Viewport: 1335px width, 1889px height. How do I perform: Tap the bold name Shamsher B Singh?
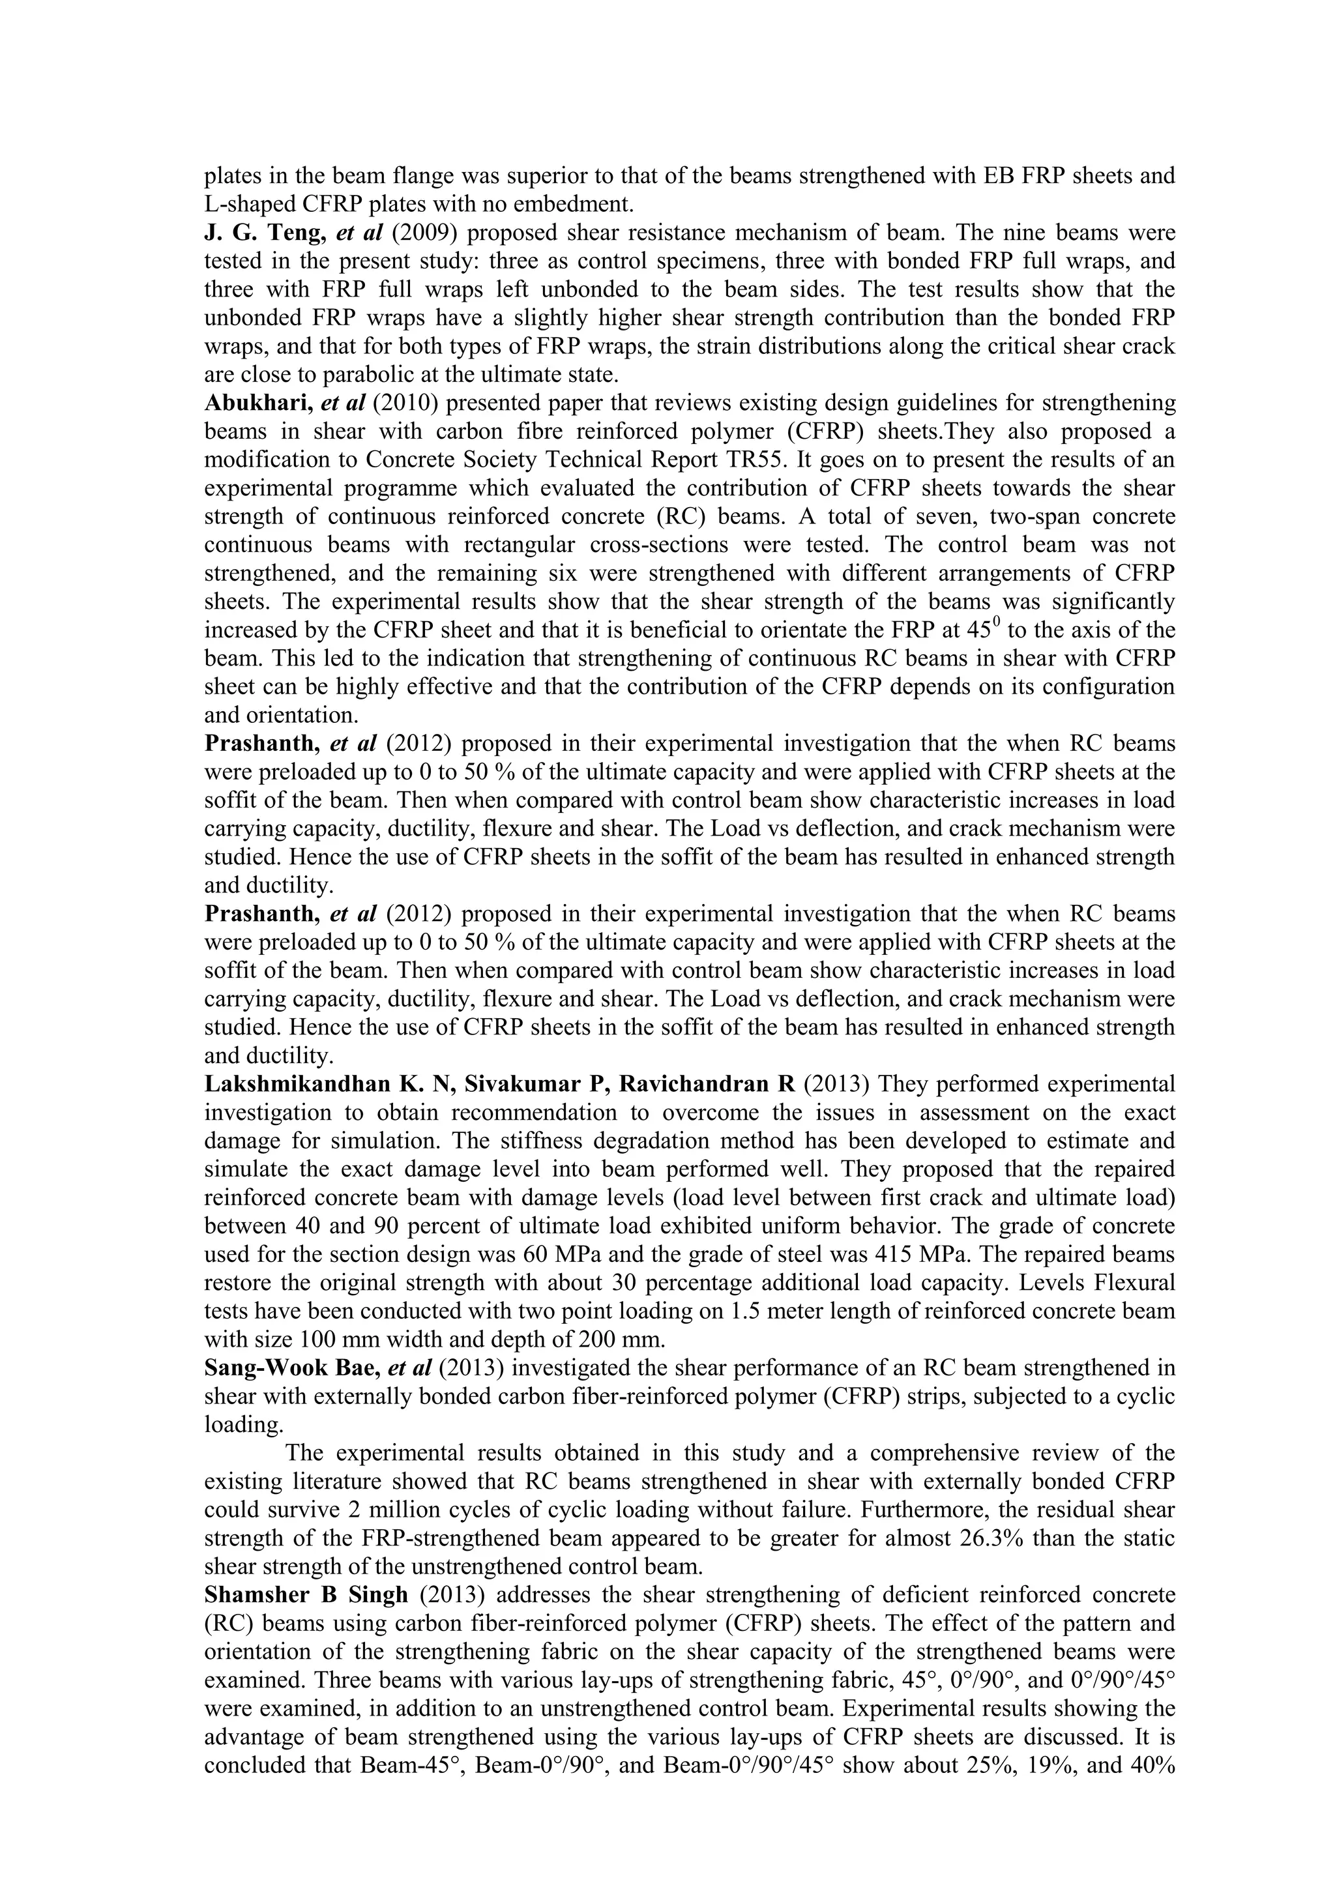(306, 1595)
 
